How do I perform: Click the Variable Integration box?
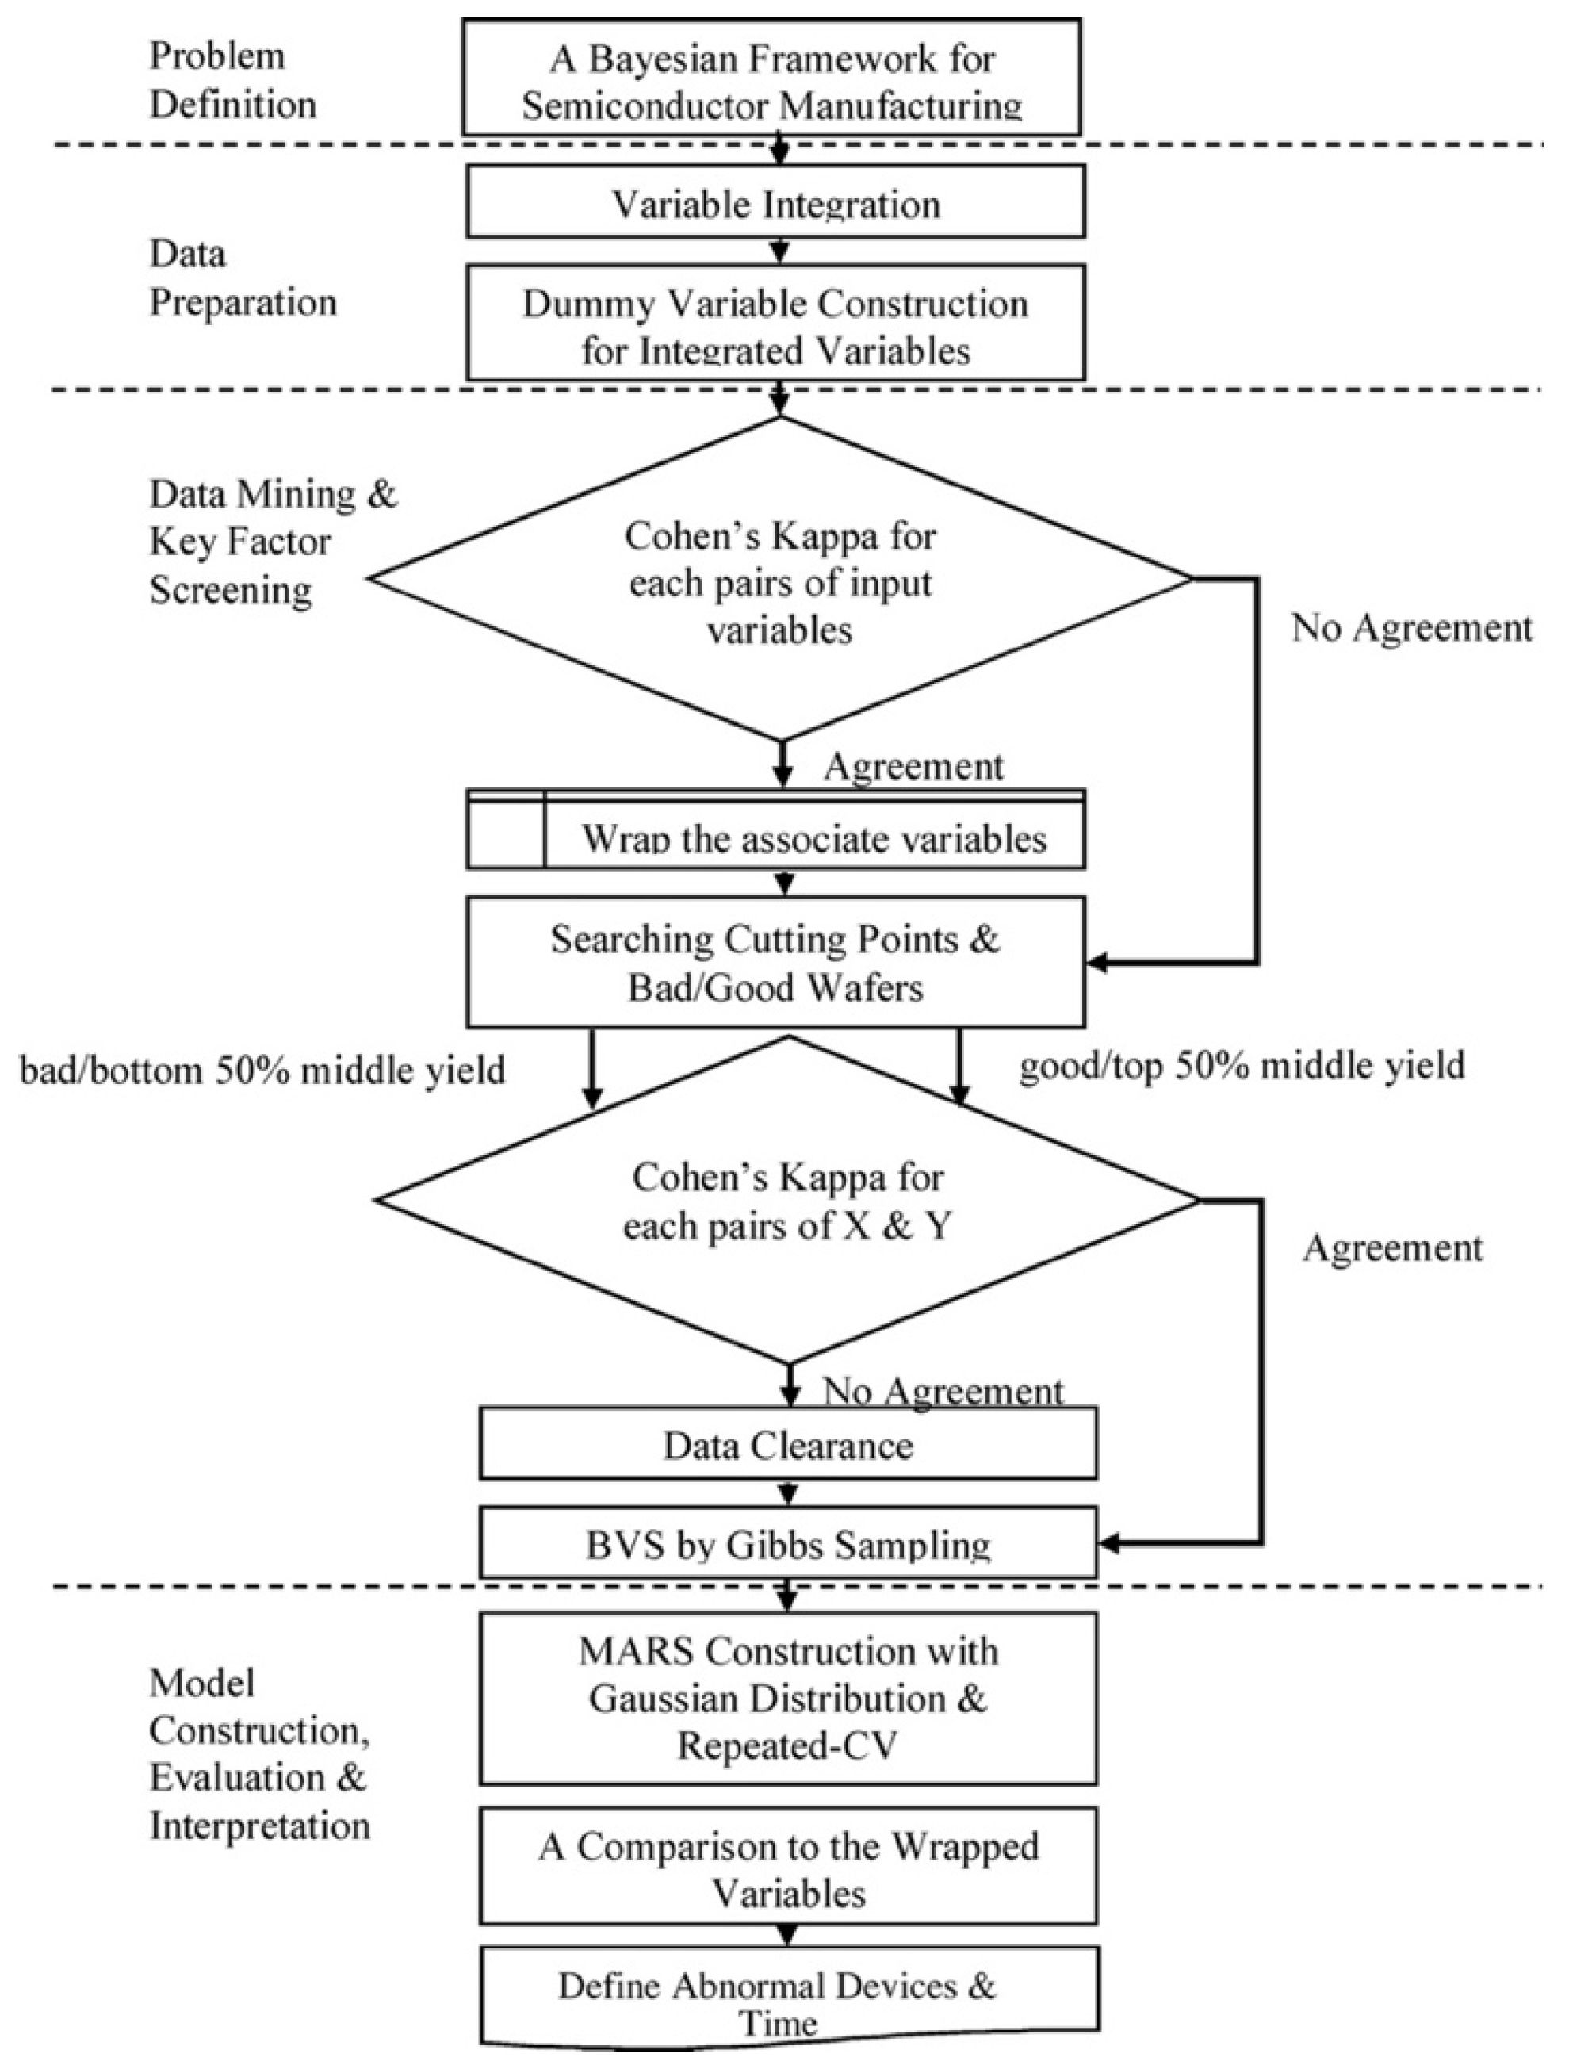tap(775, 201)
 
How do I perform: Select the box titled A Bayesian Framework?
tap(771, 79)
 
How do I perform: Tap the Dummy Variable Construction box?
tap(775, 324)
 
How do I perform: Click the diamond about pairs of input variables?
tap(780, 580)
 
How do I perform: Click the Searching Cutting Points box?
tap(775, 962)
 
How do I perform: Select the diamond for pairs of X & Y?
tap(786, 1200)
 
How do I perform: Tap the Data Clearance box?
tap(787, 1446)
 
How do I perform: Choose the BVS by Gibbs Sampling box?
tap(787, 1545)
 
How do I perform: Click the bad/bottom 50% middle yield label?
tap(262, 1070)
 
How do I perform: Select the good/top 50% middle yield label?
tap(1242, 1066)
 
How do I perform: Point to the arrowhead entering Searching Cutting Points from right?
tap(1098, 962)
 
